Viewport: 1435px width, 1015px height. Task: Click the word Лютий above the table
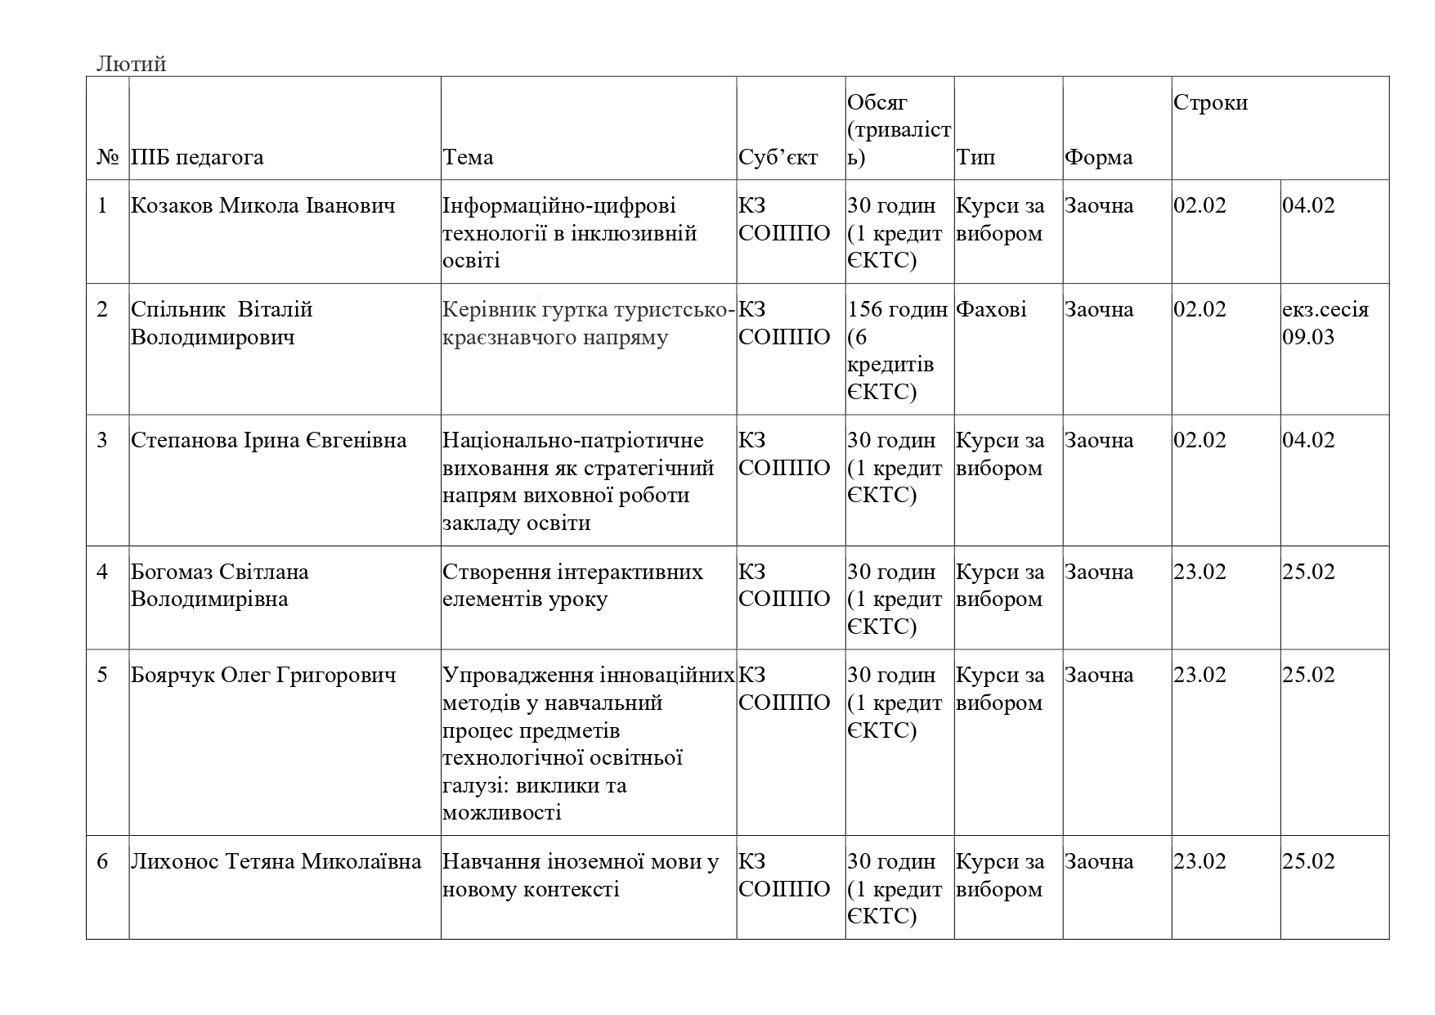pyautogui.click(x=131, y=64)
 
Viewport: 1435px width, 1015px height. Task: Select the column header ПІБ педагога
pyautogui.click(x=197, y=157)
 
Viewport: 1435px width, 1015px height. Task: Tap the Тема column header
pyautogui.click(x=468, y=157)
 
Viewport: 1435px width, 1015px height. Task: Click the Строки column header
pyautogui.click(x=1210, y=103)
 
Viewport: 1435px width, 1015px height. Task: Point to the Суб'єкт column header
pyautogui.click(x=778, y=157)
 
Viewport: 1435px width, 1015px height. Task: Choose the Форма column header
pyautogui.click(x=1098, y=157)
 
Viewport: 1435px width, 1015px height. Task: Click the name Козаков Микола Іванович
pyautogui.click(x=262, y=205)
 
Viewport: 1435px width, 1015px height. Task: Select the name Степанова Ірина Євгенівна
pyautogui.click(x=268, y=441)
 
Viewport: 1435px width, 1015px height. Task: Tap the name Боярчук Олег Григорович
pyautogui.click(x=263, y=676)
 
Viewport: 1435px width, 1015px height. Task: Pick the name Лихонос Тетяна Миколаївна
pyautogui.click(x=276, y=862)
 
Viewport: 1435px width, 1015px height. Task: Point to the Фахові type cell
pyautogui.click(x=991, y=310)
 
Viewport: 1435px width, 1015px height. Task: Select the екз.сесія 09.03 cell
pyautogui.click(x=1325, y=323)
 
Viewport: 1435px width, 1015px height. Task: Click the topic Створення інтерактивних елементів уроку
pyautogui.click(x=572, y=586)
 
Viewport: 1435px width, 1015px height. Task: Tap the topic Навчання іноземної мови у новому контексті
pyautogui.click(x=580, y=875)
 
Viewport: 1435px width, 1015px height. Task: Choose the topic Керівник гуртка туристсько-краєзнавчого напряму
pyautogui.click(x=588, y=323)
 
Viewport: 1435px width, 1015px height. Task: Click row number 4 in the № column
pyautogui.click(x=102, y=572)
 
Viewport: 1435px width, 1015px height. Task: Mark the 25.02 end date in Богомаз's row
pyautogui.click(x=1308, y=572)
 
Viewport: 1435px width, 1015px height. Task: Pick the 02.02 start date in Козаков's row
pyautogui.click(x=1200, y=205)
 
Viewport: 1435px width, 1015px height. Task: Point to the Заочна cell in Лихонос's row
pyautogui.click(x=1098, y=862)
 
